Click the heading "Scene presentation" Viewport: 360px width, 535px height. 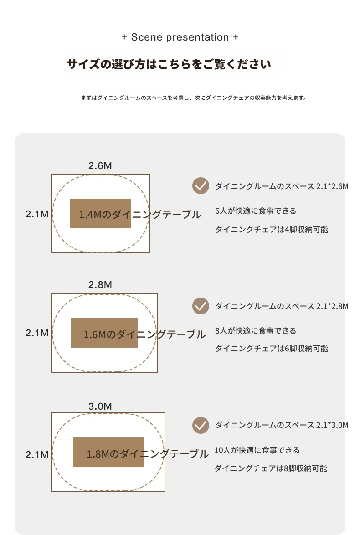point(180,37)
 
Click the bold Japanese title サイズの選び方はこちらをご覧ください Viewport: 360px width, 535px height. point(169,64)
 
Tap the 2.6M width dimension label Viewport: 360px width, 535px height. point(100,166)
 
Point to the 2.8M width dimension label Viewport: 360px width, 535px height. point(100,284)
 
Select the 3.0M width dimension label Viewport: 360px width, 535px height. point(100,406)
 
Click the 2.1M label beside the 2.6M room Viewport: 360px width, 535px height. point(37,214)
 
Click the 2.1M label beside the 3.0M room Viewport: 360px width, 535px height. point(37,455)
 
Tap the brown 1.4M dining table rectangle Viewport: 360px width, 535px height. point(100,214)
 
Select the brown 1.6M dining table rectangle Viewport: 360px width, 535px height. point(104,333)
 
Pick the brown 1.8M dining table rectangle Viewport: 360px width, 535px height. point(108,453)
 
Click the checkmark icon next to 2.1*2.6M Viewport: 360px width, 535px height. point(201,186)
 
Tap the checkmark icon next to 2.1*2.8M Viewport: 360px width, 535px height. point(201,306)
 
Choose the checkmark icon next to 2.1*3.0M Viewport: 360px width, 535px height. point(201,426)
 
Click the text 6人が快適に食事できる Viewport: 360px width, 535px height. point(256,211)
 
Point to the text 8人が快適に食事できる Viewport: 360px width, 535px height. point(256,331)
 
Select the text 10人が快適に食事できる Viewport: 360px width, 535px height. point(257,450)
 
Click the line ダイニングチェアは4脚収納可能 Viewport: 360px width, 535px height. point(271,230)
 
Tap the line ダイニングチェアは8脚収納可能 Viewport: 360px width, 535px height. point(271,468)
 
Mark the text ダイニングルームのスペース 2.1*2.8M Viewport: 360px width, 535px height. point(282,306)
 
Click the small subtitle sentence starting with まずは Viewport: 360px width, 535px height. point(194,98)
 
